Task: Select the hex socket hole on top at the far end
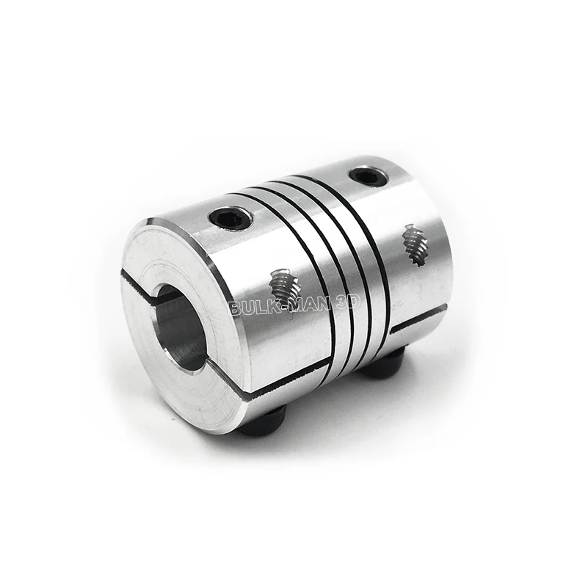[x=365, y=175]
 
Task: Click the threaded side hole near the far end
[x=412, y=245]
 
